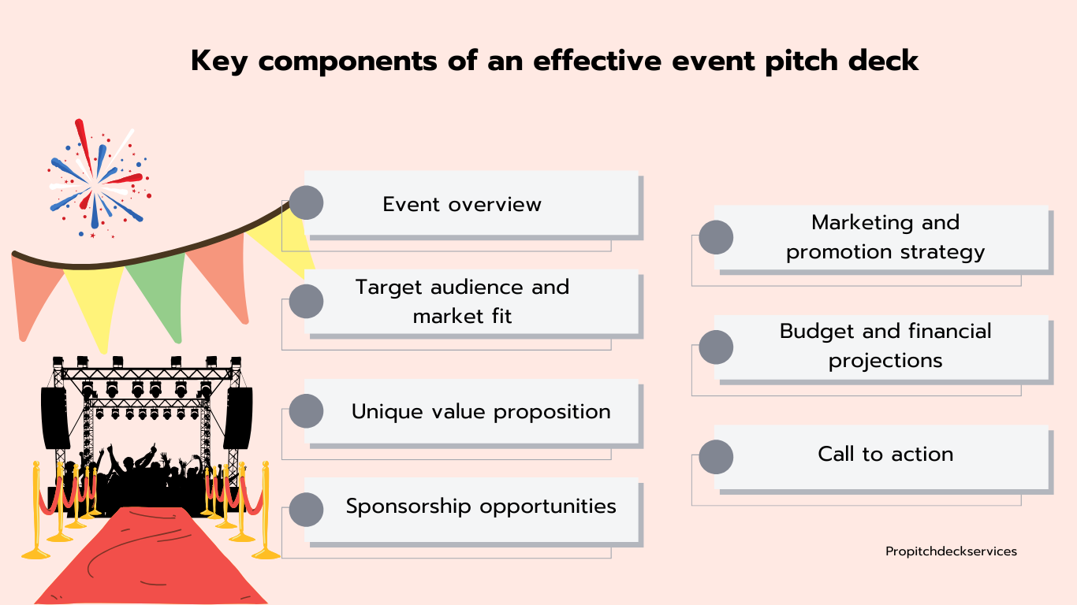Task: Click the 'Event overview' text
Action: click(x=462, y=205)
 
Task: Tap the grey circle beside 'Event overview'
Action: click(x=306, y=202)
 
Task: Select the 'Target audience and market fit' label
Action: click(x=462, y=302)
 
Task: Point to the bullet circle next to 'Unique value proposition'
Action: click(x=306, y=411)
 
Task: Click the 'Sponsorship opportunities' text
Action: click(x=481, y=507)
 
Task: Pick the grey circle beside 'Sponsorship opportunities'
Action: click(x=306, y=510)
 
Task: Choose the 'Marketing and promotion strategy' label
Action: click(x=885, y=237)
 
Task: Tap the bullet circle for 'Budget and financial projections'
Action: click(x=716, y=347)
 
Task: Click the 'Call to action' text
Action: click(x=885, y=454)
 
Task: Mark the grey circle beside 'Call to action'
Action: click(x=716, y=457)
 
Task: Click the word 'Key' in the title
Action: click(x=218, y=61)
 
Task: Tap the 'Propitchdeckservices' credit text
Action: click(x=951, y=551)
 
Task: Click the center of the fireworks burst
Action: click(x=96, y=183)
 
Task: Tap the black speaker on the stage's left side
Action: click(x=55, y=418)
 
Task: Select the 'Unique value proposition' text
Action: click(x=481, y=412)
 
